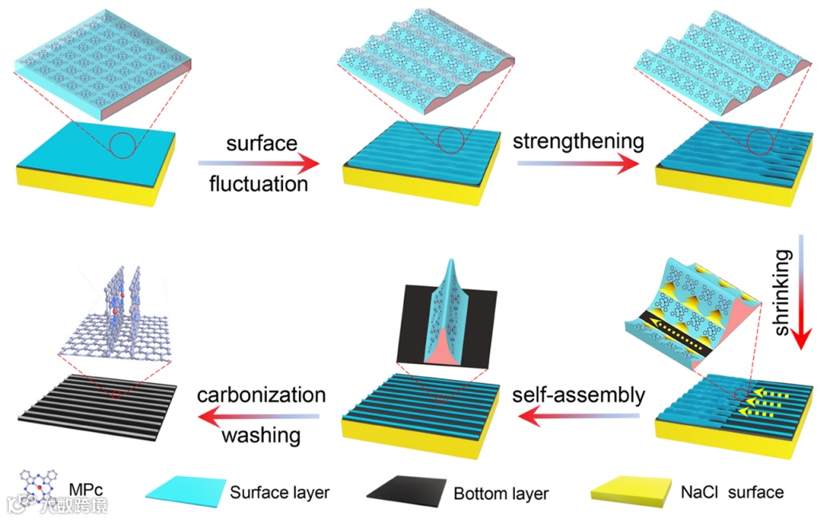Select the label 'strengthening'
pyautogui.click(x=578, y=142)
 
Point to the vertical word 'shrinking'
pyautogui.click(x=784, y=292)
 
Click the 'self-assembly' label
pyautogui.click(x=578, y=394)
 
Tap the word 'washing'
pyautogui.click(x=261, y=436)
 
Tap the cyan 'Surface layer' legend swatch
pyautogui.click(x=182, y=493)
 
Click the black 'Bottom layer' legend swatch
pyautogui.click(x=405, y=493)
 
